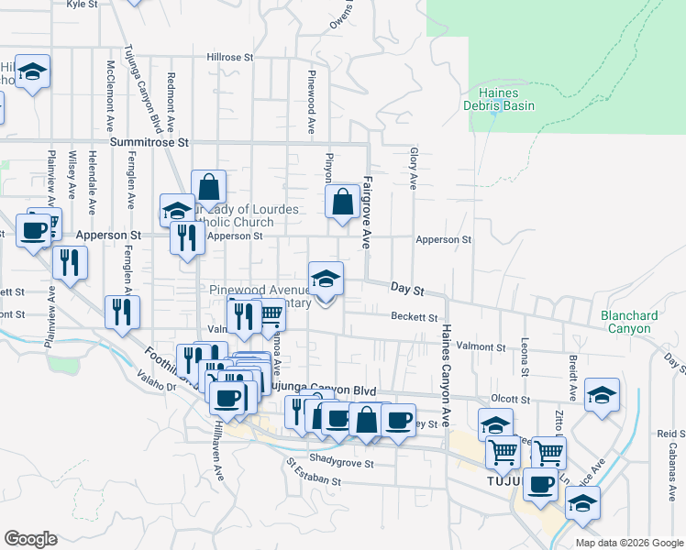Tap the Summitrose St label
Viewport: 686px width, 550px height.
point(149,143)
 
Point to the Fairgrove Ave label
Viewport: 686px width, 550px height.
point(366,213)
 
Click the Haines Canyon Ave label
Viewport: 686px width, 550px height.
point(445,375)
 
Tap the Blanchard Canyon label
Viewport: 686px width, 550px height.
point(629,322)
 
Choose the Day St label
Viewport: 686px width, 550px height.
point(406,289)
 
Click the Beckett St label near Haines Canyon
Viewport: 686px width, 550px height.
point(415,317)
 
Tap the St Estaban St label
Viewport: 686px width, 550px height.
point(313,480)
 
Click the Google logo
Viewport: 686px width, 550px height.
point(30,539)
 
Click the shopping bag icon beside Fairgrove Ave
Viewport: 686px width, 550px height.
point(342,202)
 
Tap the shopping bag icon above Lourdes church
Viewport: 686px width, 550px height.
point(209,187)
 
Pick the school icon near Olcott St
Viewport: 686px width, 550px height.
point(602,395)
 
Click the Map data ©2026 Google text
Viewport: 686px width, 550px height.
point(628,543)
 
